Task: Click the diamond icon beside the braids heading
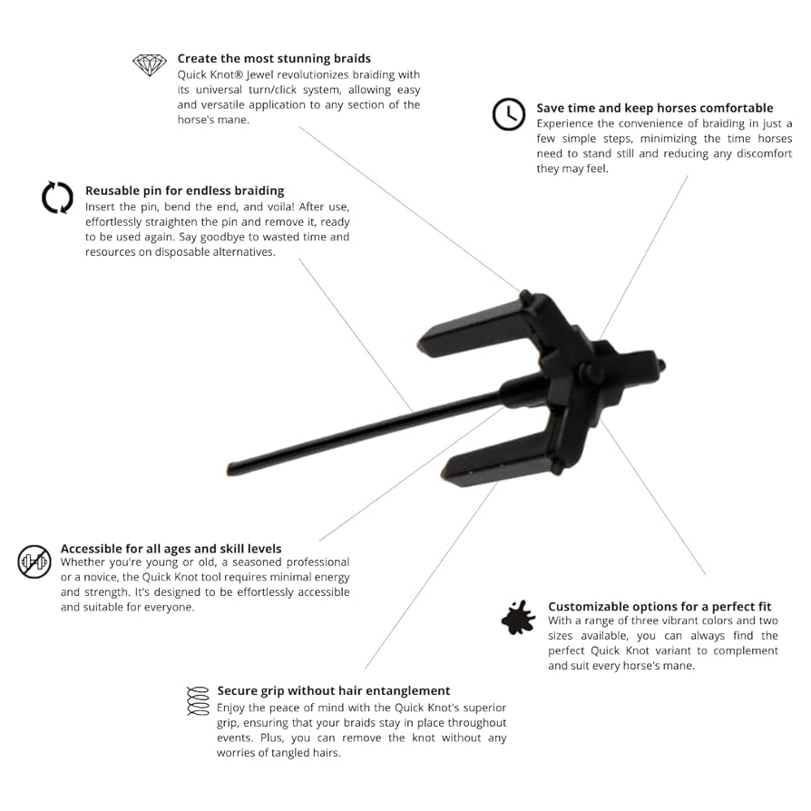tap(150, 65)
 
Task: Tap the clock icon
tap(508, 113)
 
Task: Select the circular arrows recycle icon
tap(57, 197)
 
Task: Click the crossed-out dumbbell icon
tap(34, 562)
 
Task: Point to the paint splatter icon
tap(518, 618)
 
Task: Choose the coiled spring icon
tap(198, 701)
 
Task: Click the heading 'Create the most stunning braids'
tap(274, 58)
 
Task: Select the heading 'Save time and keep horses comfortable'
tap(655, 108)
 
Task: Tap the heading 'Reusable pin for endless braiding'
tap(185, 191)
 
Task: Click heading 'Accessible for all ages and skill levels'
tap(171, 549)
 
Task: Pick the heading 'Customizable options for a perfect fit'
tap(660, 607)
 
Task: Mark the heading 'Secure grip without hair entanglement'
tap(334, 691)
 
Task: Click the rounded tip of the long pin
tap(231, 469)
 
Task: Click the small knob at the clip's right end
tap(660, 366)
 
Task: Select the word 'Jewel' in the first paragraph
tap(260, 75)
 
